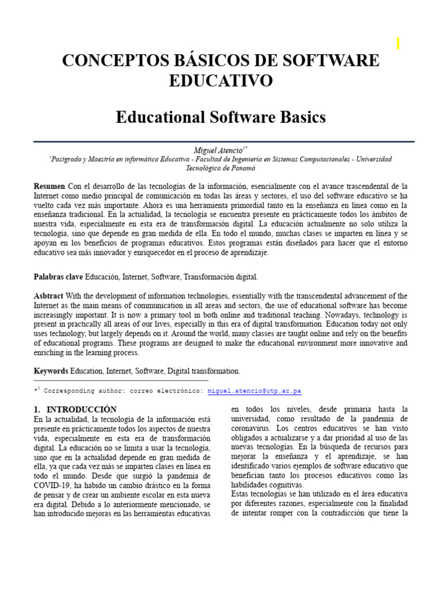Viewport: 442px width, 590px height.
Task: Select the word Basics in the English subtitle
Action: (299, 118)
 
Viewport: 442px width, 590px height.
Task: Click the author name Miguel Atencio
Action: (219, 150)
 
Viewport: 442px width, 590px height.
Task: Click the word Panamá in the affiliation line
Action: (242, 168)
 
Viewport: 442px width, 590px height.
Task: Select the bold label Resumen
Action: (49, 187)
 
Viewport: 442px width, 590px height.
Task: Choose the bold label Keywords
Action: (51, 371)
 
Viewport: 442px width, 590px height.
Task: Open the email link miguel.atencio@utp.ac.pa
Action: (254, 391)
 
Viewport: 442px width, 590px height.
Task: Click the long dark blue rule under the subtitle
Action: (224, 141)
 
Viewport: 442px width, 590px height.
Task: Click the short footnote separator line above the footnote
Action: (121, 381)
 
